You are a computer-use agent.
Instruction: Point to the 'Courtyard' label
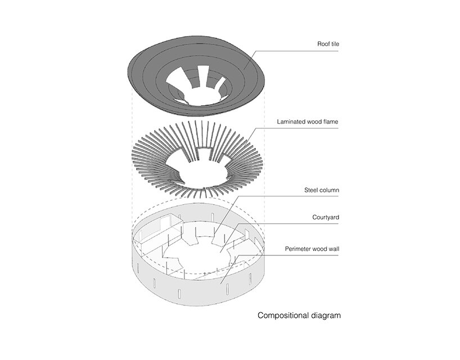(x=326, y=217)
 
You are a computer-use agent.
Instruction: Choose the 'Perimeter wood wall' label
(x=312, y=246)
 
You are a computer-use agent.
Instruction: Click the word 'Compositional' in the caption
(x=281, y=316)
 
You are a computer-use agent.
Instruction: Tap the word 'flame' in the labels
(x=330, y=121)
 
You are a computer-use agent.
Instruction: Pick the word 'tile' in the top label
(x=335, y=43)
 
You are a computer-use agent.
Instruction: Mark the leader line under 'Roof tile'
(x=304, y=52)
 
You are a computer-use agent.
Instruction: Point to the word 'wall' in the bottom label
(x=333, y=246)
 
